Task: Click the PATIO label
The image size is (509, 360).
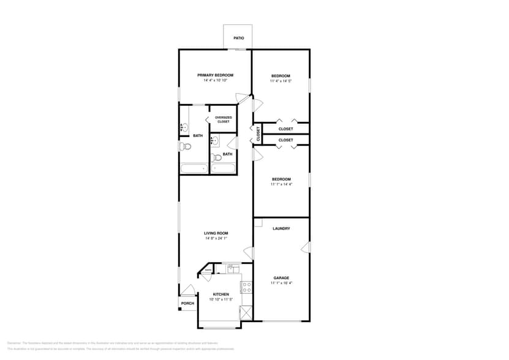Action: (x=238, y=38)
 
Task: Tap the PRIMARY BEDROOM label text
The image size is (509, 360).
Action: (x=215, y=75)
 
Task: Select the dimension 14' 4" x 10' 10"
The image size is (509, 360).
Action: (x=215, y=80)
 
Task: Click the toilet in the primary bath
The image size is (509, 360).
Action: (x=186, y=146)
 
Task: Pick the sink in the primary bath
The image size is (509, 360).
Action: (x=184, y=128)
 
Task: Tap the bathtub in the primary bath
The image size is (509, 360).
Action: (x=194, y=168)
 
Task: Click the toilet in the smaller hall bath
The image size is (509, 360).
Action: (x=216, y=157)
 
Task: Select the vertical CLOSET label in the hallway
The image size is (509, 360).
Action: (x=258, y=133)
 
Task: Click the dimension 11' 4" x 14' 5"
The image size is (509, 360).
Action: (x=281, y=81)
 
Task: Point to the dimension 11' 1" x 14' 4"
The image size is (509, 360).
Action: (x=281, y=184)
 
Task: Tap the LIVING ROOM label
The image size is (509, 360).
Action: (x=216, y=233)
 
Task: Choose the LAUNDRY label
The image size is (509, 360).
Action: (x=281, y=228)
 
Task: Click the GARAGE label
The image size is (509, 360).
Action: (x=281, y=278)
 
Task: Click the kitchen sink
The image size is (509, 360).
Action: (x=233, y=268)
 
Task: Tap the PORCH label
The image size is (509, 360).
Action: (x=187, y=303)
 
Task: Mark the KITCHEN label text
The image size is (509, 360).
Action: (x=221, y=294)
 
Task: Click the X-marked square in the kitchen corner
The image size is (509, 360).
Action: (x=246, y=312)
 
